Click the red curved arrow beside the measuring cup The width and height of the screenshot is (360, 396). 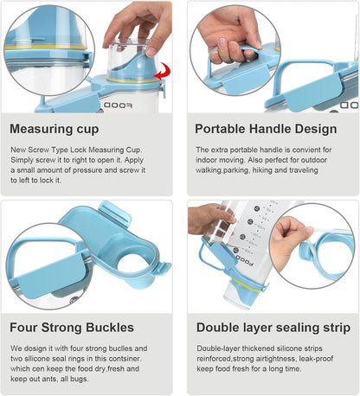click(162, 72)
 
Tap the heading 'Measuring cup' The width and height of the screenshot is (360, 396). click(55, 129)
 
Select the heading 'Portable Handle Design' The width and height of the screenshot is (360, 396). click(266, 129)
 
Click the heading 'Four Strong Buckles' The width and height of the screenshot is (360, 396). click(72, 328)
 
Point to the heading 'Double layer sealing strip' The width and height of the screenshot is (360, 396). click(273, 328)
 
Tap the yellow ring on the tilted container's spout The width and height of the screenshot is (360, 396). click(248, 285)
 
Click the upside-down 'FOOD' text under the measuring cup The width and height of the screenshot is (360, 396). click(118, 105)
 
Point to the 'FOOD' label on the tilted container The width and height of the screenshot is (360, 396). click(245, 260)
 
